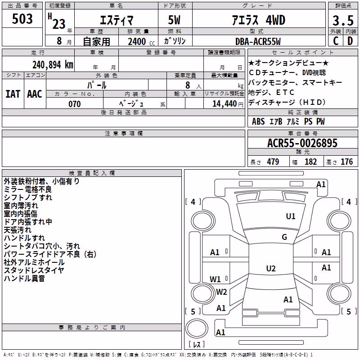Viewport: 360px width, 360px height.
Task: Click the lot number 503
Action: (22, 19)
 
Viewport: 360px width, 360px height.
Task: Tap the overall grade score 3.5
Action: (343, 20)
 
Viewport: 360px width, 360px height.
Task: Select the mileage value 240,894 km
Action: (53, 65)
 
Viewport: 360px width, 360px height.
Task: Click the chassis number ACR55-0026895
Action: (302, 143)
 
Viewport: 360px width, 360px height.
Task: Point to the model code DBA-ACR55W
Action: (258, 41)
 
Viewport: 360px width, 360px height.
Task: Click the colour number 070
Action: (75, 104)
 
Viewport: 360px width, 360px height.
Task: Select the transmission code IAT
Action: (13, 94)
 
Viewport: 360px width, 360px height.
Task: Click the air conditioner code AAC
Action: (35, 94)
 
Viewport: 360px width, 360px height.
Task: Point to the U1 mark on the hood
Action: (291, 216)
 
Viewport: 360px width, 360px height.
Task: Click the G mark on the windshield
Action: (284, 237)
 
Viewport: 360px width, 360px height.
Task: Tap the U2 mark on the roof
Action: (271, 268)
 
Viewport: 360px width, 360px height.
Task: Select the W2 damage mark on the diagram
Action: (221, 292)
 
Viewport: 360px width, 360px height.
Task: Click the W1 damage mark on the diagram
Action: (215, 279)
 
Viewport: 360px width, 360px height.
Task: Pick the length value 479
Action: (273, 162)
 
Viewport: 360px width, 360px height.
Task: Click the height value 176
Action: (346, 162)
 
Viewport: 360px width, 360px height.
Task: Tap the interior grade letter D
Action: (350, 41)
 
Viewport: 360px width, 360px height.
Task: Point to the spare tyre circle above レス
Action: (197, 328)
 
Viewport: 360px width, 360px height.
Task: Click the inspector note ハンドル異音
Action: (24, 279)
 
